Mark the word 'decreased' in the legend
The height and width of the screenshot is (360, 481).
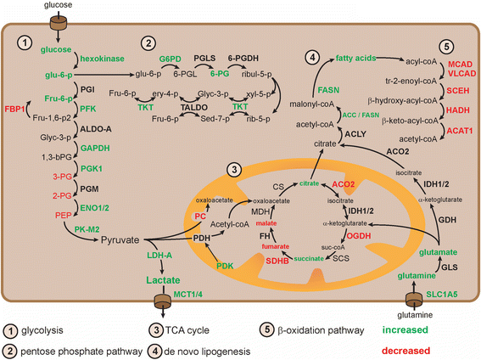pos(424,346)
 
